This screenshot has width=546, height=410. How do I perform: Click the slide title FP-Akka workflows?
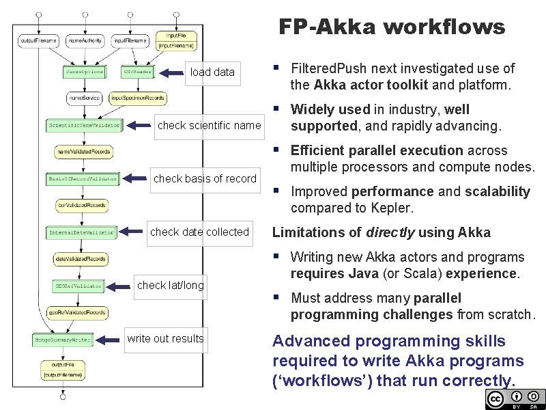(x=392, y=27)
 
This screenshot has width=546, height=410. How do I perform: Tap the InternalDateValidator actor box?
(x=81, y=232)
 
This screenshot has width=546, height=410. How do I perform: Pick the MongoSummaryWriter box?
(x=62, y=339)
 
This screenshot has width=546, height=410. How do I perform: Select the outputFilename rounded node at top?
(x=39, y=41)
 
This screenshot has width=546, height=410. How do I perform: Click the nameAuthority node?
(x=85, y=41)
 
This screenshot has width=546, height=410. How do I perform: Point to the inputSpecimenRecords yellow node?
(x=137, y=98)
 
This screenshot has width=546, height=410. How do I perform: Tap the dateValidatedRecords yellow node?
(x=81, y=259)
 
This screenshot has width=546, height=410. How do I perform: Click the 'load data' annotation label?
(x=212, y=72)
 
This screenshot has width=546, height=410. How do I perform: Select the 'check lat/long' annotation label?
(x=171, y=285)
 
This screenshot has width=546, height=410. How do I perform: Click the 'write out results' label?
(x=165, y=338)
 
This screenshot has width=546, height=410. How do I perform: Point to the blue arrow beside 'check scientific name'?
(x=141, y=125)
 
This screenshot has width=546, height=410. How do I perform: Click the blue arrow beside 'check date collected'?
(x=132, y=232)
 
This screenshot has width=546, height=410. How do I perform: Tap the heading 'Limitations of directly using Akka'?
(x=381, y=232)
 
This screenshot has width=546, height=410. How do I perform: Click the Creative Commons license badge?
(x=515, y=399)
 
